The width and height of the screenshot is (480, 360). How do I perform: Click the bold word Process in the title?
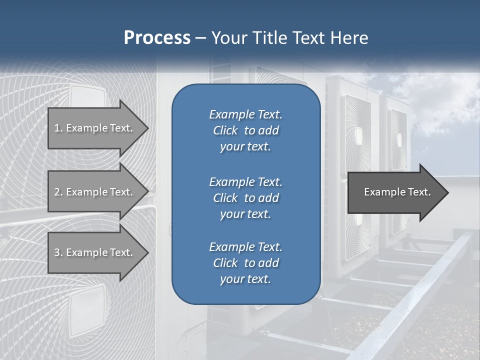tap(157, 38)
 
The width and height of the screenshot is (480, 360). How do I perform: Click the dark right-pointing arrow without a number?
tap(395, 192)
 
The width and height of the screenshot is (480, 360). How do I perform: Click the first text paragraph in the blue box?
tap(245, 130)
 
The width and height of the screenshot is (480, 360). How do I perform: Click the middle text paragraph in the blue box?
tap(245, 197)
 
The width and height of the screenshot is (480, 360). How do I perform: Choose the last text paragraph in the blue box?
tap(245, 263)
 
